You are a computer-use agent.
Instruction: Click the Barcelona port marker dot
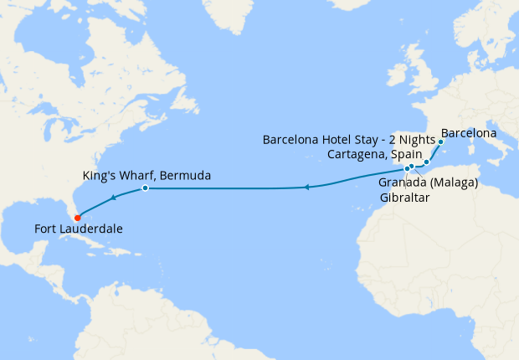[x=440, y=142]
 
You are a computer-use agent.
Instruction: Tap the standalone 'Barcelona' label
[x=469, y=133]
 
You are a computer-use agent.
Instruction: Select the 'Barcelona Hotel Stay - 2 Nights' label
[x=348, y=139]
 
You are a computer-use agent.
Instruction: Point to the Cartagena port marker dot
[x=426, y=162]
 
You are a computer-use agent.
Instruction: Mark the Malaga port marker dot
[x=412, y=167]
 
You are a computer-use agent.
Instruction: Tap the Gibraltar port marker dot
[x=407, y=168]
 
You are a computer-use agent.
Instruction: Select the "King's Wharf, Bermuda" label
[x=146, y=176]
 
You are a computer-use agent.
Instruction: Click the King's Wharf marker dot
[x=145, y=188]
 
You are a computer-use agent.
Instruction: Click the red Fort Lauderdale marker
[x=78, y=219]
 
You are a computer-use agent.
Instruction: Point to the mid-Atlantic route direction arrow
[x=307, y=187]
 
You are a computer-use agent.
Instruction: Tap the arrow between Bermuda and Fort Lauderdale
[x=111, y=198]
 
